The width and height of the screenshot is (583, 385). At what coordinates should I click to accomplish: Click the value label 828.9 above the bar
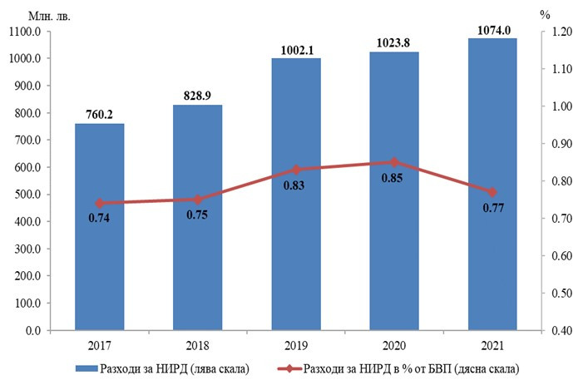point(198,97)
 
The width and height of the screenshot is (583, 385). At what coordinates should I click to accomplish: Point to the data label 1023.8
point(394,44)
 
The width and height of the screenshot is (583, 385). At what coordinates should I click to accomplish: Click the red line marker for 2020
point(394,162)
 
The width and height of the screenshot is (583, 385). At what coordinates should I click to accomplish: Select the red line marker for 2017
point(100,203)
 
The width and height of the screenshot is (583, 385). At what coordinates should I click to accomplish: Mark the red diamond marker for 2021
point(492,192)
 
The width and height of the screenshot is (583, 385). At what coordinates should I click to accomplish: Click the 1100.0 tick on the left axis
point(25,32)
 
